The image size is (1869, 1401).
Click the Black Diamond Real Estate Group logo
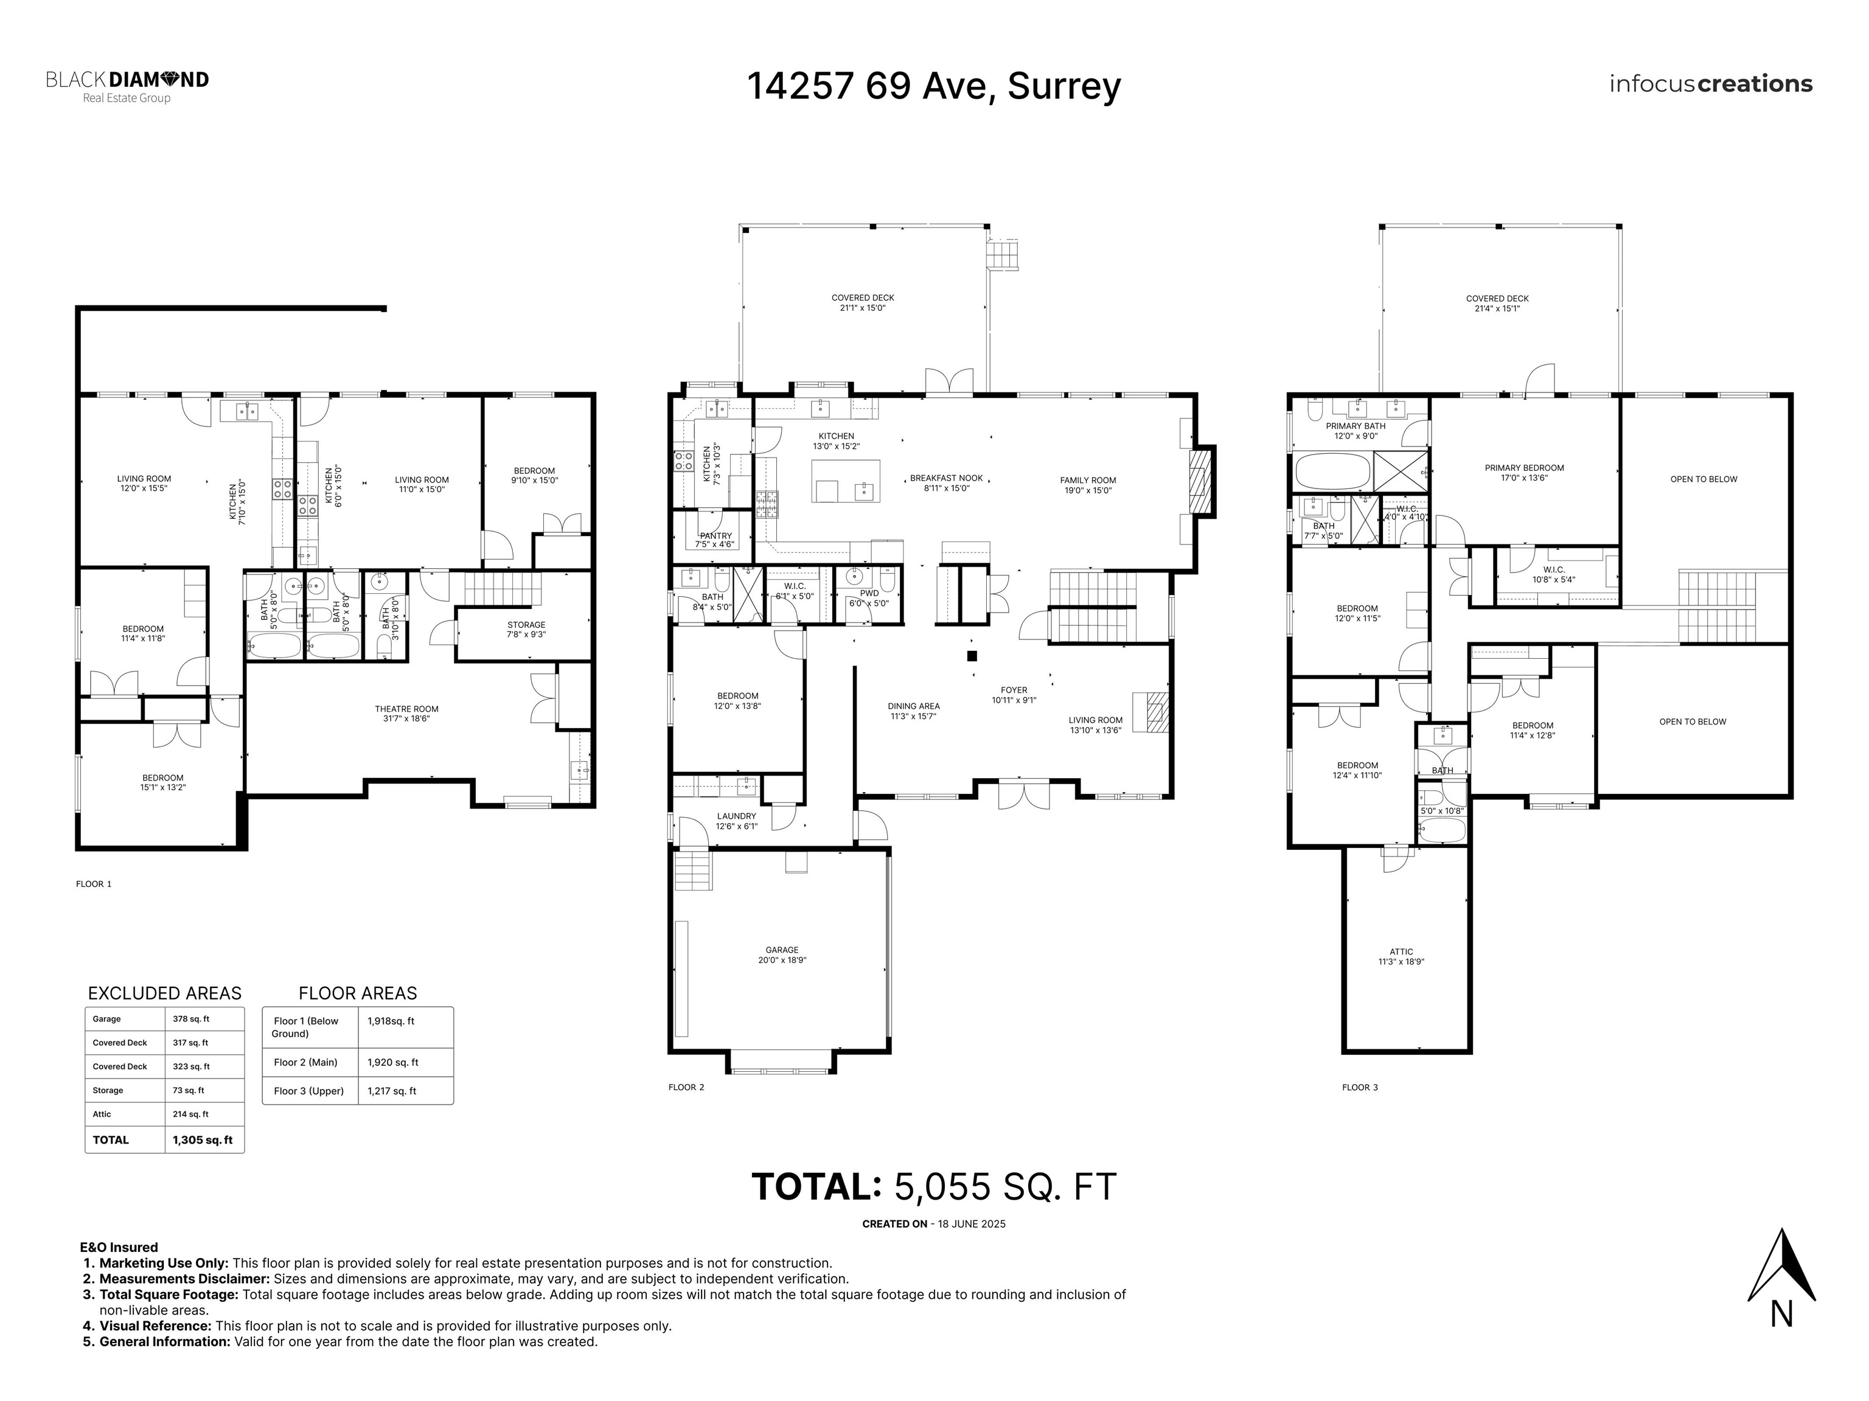pos(127,87)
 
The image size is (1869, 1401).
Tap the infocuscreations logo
pos(1710,85)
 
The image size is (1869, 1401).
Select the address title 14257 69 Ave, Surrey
pos(934,86)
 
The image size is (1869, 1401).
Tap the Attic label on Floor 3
pos(1401,956)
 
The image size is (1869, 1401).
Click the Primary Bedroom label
pos(1524,472)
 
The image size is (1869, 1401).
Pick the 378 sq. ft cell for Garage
pos(191,1019)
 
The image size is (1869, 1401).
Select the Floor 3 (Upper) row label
pos(308,1091)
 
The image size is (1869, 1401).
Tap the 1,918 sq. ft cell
pos(391,1021)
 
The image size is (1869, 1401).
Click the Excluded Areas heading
pos(165,993)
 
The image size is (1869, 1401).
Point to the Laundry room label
pos(737,821)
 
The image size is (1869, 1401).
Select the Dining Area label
pos(913,711)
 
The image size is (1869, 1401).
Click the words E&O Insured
pos(119,1247)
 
